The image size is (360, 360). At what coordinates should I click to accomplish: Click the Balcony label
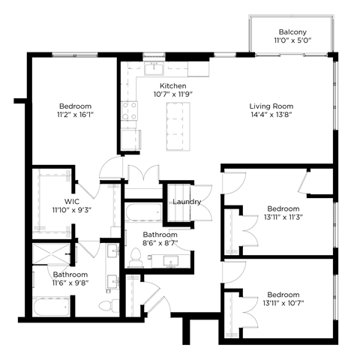[x=292, y=32]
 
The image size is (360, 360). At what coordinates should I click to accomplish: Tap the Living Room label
[x=271, y=106]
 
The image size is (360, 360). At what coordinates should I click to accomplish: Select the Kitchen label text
[x=173, y=85]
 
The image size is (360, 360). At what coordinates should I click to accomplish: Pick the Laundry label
[x=186, y=202]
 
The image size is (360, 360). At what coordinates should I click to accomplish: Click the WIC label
[x=72, y=202]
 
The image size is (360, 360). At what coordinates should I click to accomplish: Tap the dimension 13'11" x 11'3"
[x=283, y=217]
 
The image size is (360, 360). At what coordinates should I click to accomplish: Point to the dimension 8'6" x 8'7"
[x=159, y=244]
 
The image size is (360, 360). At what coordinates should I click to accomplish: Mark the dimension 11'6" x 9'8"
[x=70, y=284]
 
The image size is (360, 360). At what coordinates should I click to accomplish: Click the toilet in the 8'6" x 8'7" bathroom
[x=136, y=257]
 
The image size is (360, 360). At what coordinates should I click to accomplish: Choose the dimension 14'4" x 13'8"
[x=271, y=115]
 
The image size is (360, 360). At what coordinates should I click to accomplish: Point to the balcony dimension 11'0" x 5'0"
[x=292, y=42]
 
